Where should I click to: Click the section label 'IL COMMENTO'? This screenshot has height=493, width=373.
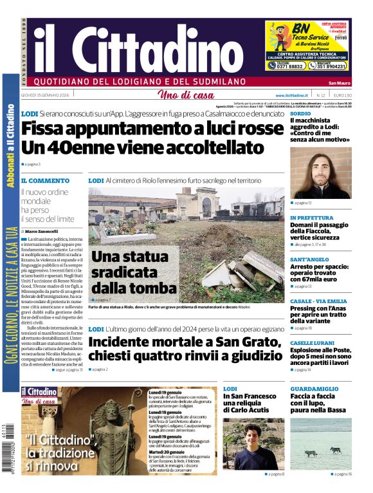(45, 181)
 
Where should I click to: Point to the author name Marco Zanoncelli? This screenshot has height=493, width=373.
(41, 231)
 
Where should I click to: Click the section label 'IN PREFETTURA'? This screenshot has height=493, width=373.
(312, 218)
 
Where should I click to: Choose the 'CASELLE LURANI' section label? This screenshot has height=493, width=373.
(313, 343)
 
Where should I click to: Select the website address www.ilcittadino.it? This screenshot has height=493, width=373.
(289, 95)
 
